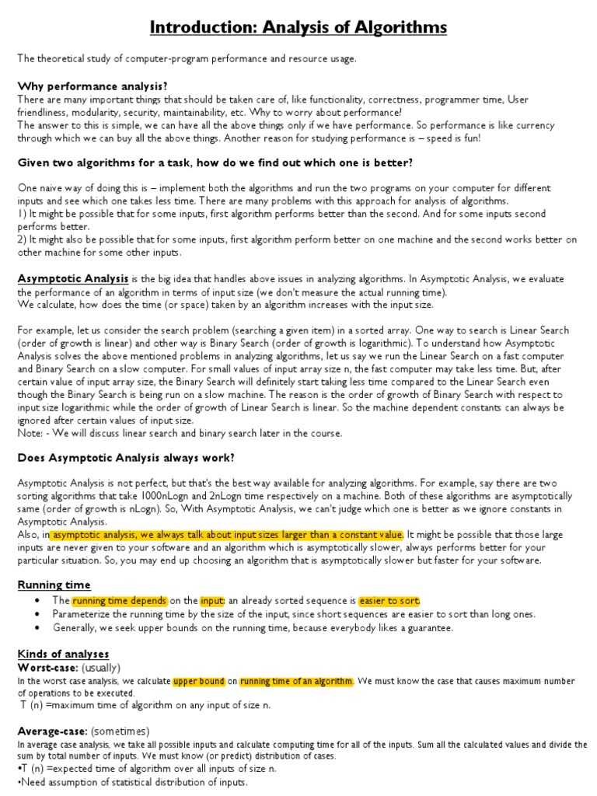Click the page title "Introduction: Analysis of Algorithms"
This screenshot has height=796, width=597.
pyautogui.click(x=298, y=28)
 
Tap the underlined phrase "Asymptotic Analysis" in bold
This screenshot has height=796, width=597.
pyautogui.click(x=73, y=278)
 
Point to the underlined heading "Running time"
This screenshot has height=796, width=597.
pyautogui.click(x=54, y=585)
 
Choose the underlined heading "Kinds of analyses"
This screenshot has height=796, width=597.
pyautogui.click(x=63, y=654)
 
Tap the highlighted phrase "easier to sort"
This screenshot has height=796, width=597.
pyautogui.click(x=389, y=601)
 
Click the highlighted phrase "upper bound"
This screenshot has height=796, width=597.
pyautogui.click(x=198, y=681)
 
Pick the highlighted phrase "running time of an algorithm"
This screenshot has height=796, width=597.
pyautogui.click(x=295, y=681)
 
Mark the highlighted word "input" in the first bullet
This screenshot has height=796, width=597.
pyautogui.click(x=212, y=601)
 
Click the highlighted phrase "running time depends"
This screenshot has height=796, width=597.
pyautogui.click(x=119, y=601)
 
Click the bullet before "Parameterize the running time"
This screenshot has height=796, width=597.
pyautogui.click(x=37, y=614)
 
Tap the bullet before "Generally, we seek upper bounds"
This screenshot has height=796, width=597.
pyautogui.click(x=37, y=627)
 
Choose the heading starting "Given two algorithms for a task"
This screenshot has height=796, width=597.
pyautogui.click(x=215, y=162)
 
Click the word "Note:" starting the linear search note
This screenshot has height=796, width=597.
pyautogui.click(x=29, y=433)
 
